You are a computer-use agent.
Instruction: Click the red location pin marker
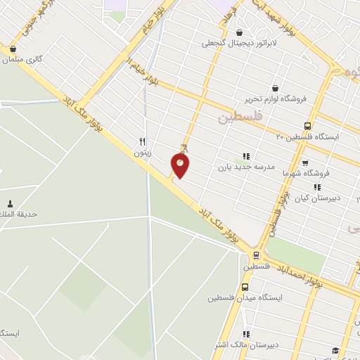click(181, 165)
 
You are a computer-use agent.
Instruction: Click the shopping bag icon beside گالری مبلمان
click(13, 49)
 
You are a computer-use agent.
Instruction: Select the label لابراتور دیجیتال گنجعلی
click(234, 43)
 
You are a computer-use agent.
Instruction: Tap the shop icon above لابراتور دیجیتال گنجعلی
click(240, 32)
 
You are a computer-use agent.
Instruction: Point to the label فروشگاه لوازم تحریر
click(274, 98)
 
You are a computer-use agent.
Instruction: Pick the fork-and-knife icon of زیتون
click(142, 141)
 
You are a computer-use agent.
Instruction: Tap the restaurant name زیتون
click(142, 151)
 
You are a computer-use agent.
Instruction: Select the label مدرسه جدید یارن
click(243, 167)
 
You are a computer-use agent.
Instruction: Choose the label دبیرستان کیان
click(316, 198)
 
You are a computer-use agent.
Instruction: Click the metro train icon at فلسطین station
click(255, 256)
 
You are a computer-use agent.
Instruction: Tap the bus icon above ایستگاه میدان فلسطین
click(245, 287)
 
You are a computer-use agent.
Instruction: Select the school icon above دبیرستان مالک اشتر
click(245, 334)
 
